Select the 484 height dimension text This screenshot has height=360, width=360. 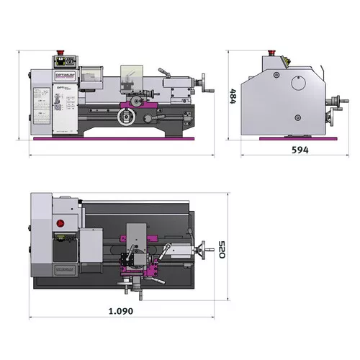tap(233, 96)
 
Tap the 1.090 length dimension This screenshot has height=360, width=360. tap(120, 311)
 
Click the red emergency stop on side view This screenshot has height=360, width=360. tap(271, 52)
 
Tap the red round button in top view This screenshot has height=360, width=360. tap(62, 223)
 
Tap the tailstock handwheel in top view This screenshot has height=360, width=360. tap(210, 250)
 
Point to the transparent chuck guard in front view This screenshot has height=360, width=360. tap(92, 73)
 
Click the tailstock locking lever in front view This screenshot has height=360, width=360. tap(164, 71)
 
